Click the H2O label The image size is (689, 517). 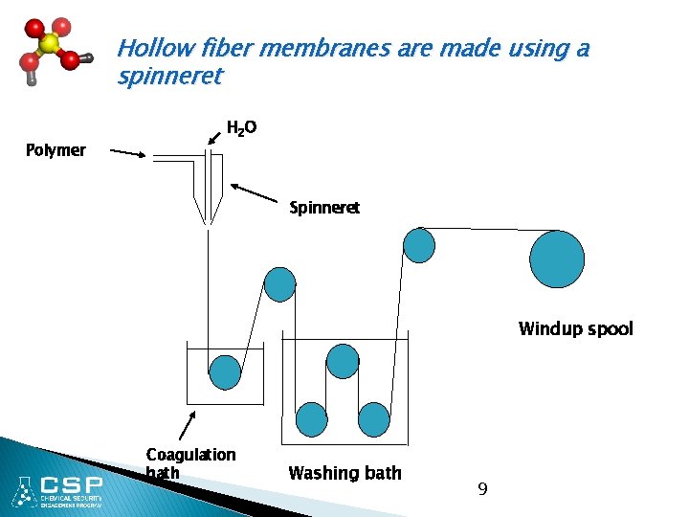pyautogui.click(x=241, y=127)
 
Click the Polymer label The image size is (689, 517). pyautogui.click(x=56, y=150)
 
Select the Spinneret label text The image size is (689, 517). pyautogui.click(x=324, y=208)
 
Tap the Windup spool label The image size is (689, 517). pyautogui.click(x=575, y=329)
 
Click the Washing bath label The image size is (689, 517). pyautogui.click(x=344, y=473)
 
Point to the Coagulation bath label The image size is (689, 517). pyautogui.click(x=190, y=463)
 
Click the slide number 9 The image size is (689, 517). pyautogui.click(x=482, y=489)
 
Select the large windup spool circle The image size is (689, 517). pyautogui.click(x=557, y=259)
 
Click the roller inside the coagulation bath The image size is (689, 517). pyautogui.click(x=225, y=371)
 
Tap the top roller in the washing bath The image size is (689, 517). pyautogui.click(x=343, y=361)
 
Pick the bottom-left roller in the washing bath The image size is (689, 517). pyautogui.click(x=312, y=419)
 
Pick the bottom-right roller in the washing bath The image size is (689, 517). pyautogui.click(x=374, y=419)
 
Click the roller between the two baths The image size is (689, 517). pyautogui.click(x=279, y=284)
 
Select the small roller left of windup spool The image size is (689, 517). pyautogui.click(x=419, y=245)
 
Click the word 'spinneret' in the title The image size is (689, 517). pyautogui.click(x=169, y=76)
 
